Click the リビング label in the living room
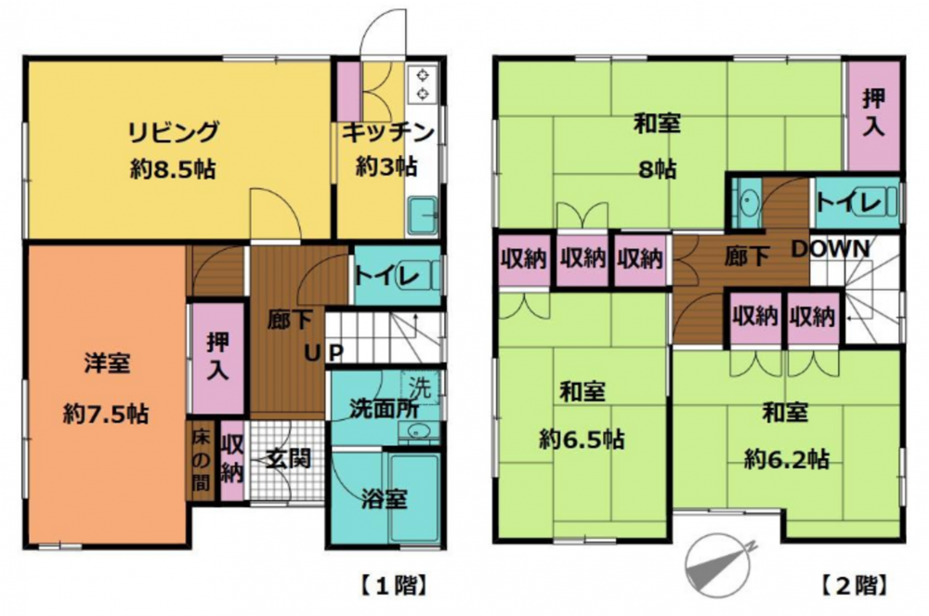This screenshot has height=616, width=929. coord(174,132)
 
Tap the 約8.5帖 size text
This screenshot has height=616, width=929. coord(173,170)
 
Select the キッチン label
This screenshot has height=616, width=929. coord(388,133)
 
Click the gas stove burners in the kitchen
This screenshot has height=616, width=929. coord(423,84)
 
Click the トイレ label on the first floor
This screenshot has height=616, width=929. coord(386,275)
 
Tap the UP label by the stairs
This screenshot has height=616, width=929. coord(324,353)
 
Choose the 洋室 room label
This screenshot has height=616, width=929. coord(107,363)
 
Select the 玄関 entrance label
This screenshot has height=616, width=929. coord(288,458)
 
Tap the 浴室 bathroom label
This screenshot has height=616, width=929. coord(385,499)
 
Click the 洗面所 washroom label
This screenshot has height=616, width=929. coord(384,409)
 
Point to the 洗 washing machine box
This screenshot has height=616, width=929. coord(421,387)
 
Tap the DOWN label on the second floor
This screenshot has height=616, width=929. coord(831,249)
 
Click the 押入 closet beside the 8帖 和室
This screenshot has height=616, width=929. coord(873,114)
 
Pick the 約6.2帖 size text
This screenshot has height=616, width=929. coord(786,459)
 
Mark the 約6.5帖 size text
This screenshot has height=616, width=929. coord(582,439)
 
